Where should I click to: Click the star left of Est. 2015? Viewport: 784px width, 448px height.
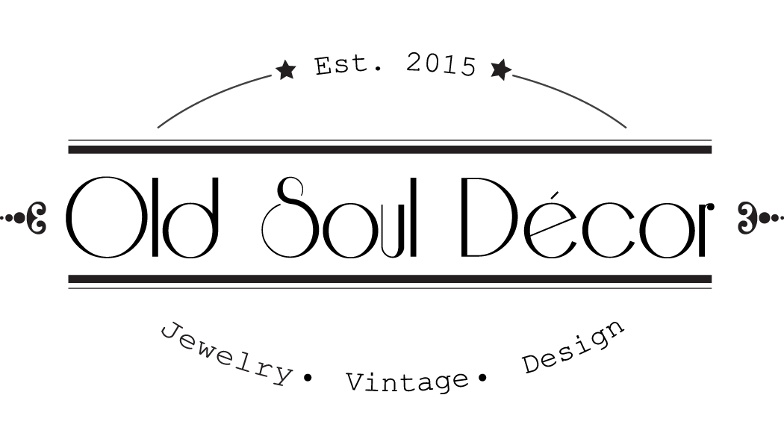[285, 71]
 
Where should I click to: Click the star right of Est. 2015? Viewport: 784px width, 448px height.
[500, 69]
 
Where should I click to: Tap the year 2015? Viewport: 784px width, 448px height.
[441, 65]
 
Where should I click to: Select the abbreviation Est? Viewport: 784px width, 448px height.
[349, 66]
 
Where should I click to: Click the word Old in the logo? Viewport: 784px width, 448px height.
[141, 217]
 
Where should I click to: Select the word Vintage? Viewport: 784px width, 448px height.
[406, 382]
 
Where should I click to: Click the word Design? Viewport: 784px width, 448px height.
[573, 349]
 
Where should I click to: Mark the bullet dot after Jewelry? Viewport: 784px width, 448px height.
[306, 379]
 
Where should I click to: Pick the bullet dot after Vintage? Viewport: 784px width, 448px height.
[481, 379]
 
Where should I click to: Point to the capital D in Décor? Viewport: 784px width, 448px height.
[486, 217]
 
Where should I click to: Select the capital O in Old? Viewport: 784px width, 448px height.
[102, 217]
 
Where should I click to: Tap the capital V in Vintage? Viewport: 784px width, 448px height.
[356, 383]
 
